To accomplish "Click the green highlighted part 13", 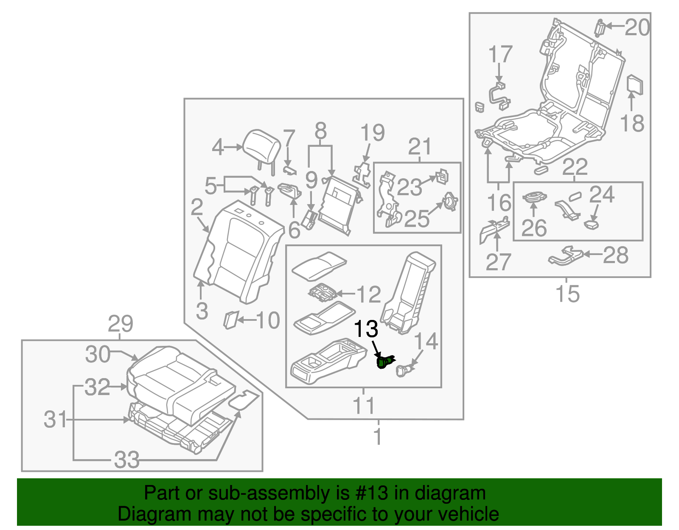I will click(x=384, y=362).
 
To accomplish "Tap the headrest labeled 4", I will click(x=263, y=146).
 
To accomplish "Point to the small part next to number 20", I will click(x=600, y=28).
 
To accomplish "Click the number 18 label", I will click(x=632, y=123).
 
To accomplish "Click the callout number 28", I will click(x=615, y=255).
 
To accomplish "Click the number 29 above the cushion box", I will click(x=121, y=324).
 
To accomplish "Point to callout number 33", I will click(x=126, y=460).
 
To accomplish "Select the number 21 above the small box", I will click(x=419, y=147).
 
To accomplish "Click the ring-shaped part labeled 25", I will click(x=449, y=202).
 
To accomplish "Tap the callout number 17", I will click(x=500, y=55).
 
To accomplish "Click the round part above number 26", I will click(x=534, y=197).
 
